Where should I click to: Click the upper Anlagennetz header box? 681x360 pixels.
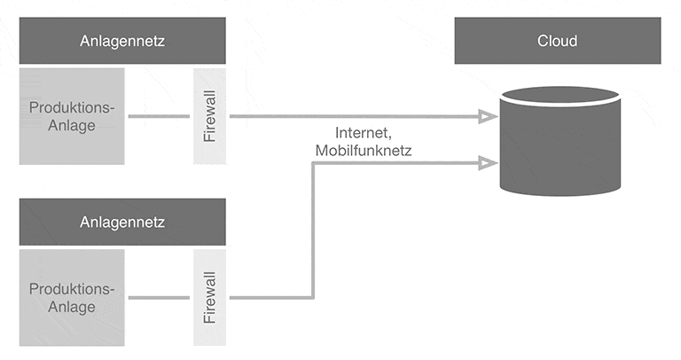tap(121, 42)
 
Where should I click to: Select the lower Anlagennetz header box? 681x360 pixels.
tap(121, 222)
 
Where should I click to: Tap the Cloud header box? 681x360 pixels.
tap(557, 42)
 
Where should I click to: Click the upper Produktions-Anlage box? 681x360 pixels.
tap(73, 115)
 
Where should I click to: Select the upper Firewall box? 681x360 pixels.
tap(209, 115)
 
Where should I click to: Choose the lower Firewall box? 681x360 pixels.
tap(209, 297)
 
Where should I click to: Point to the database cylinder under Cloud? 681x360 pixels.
tap(558, 146)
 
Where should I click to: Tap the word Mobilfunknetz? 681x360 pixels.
tap(363, 152)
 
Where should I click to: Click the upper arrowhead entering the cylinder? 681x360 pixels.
tap(487, 116)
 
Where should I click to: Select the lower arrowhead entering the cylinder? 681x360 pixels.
tap(487, 162)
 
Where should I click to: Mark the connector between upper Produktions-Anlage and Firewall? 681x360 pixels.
tap(160, 116)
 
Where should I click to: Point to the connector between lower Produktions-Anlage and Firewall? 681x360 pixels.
tap(160, 298)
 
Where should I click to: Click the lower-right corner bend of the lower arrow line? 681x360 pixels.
tap(312, 297)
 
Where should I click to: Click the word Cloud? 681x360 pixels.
tap(557, 42)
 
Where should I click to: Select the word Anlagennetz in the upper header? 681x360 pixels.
tap(121, 42)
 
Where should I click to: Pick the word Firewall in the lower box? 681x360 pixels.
tap(209, 297)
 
